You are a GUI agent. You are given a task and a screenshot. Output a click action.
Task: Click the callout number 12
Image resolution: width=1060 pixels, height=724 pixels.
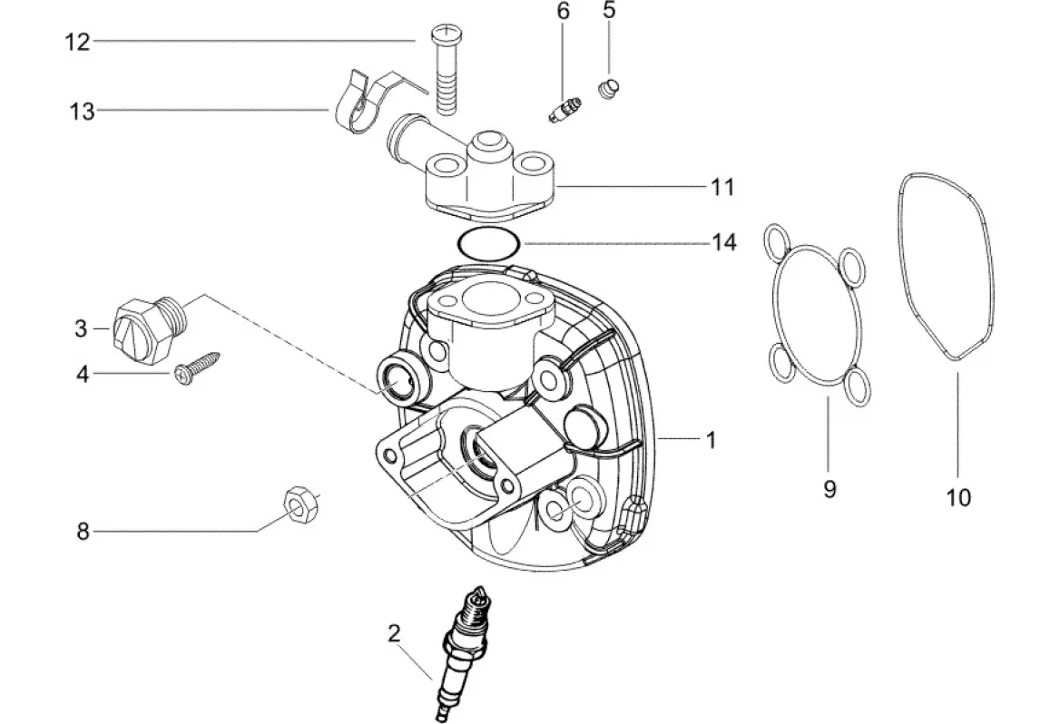[x=77, y=42]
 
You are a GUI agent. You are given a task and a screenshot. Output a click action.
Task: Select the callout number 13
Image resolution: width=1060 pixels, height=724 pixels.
[x=82, y=111]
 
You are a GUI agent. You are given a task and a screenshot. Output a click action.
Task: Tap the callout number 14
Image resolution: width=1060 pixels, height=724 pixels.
[x=724, y=242]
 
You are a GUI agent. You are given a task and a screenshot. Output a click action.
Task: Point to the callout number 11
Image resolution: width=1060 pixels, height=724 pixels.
[x=722, y=187]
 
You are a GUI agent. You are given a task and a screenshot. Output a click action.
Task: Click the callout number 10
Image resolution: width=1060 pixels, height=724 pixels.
[x=958, y=497]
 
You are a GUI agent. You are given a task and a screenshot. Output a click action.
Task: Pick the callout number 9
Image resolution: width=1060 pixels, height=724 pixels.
[x=830, y=488]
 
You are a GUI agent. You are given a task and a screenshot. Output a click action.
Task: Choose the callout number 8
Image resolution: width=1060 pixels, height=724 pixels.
[x=83, y=532]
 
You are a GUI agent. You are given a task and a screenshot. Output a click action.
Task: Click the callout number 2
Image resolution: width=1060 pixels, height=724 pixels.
[x=394, y=633]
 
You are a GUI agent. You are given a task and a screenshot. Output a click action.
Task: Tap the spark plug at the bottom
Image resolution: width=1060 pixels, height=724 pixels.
[x=463, y=654]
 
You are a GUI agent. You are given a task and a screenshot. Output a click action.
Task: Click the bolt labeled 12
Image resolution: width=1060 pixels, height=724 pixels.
[x=445, y=69]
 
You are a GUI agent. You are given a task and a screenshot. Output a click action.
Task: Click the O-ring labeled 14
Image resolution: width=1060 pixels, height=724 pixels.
[x=488, y=244]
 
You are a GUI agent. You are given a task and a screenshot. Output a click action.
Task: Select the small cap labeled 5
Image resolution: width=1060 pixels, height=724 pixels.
[x=610, y=89]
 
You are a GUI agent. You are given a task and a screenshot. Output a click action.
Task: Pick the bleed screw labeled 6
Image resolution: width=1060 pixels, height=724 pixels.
[x=564, y=110]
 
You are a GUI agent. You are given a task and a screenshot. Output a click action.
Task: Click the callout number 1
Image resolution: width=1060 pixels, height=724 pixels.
[x=711, y=440]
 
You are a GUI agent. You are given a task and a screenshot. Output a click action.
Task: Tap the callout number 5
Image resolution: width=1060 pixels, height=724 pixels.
[x=609, y=10]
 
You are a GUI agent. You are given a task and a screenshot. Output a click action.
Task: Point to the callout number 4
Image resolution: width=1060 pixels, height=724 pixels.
[x=83, y=373]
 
